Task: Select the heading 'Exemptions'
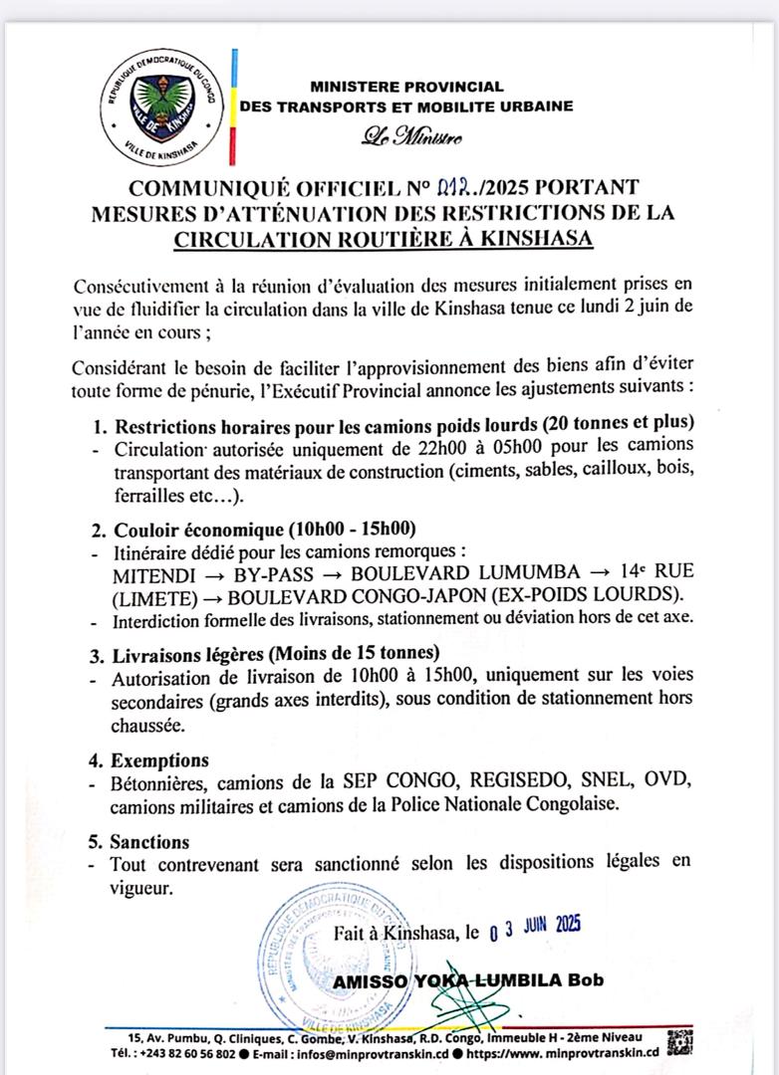(159, 760)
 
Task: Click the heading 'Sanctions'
(153, 841)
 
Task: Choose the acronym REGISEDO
(468, 782)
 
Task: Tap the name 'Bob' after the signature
(585, 980)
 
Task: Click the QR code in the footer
(680, 1040)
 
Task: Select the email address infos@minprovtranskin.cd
(365, 1053)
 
